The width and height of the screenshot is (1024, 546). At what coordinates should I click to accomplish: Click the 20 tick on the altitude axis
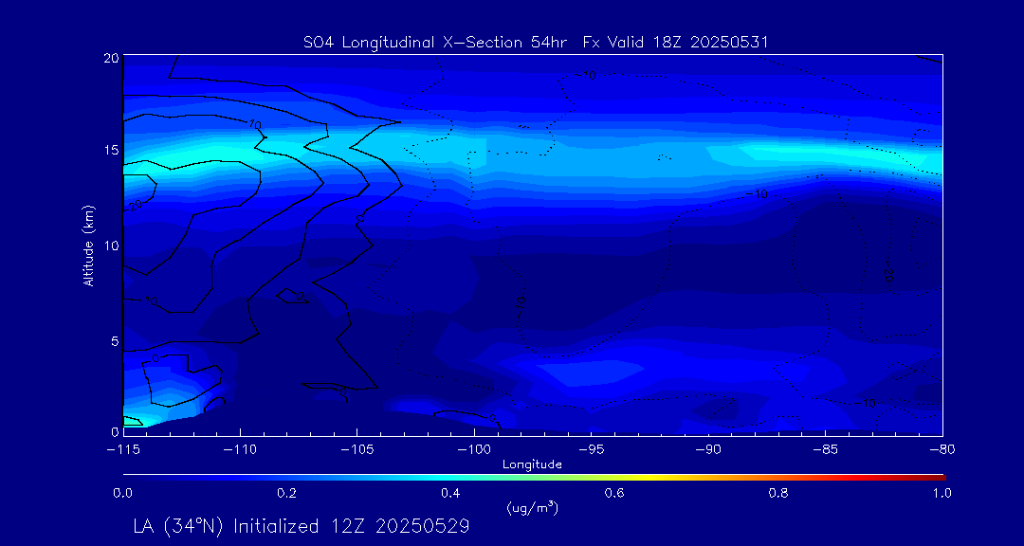[111, 58]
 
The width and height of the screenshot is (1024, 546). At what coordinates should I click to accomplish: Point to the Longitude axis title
[532, 464]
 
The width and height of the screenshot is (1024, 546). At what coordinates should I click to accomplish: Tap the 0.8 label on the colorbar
[778, 493]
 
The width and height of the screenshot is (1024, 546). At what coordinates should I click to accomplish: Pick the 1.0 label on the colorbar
[942, 493]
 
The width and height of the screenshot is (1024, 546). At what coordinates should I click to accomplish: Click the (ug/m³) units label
[532, 508]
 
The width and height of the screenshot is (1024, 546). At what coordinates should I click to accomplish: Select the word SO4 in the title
[316, 42]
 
